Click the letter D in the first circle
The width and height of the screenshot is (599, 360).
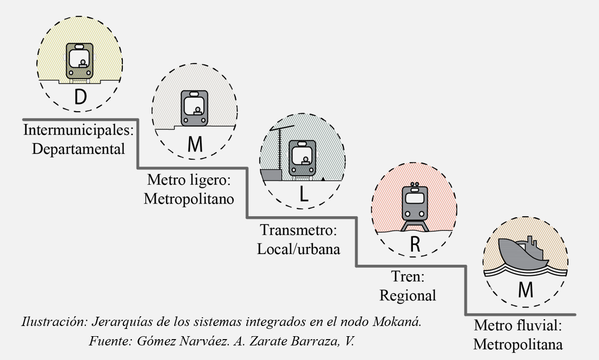tap(81, 97)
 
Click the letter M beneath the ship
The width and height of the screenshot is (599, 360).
tap(526, 290)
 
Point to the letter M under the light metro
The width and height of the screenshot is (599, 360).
tap(194, 144)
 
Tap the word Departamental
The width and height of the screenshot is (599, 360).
tap(79, 149)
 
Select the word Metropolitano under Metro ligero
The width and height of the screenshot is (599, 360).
tap(189, 199)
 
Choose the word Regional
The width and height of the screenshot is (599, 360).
tap(408, 295)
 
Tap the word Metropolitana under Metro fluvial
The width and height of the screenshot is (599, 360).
tap(518, 344)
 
